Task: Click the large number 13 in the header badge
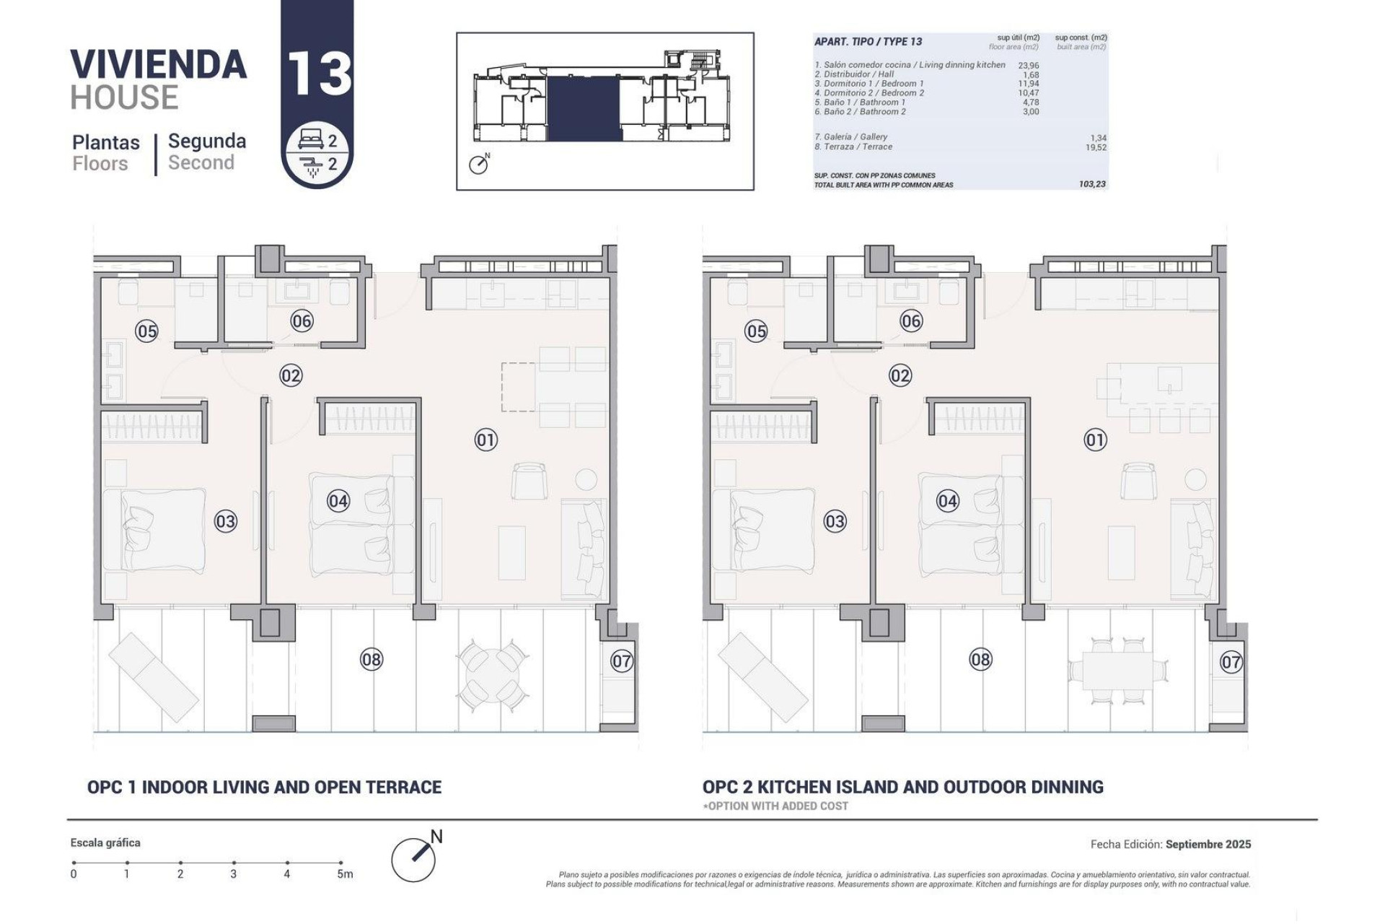point(319,73)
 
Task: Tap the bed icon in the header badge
point(311,141)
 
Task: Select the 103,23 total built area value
point(1092,184)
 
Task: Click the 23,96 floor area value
point(1029,65)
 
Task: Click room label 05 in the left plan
point(146,331)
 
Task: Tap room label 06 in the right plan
point(911,321)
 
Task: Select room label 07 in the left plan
point(622,661)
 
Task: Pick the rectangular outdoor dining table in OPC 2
point(1119,671)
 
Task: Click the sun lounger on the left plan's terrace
point(153,677)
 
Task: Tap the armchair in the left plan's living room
point(529,481)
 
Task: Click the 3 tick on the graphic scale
point(234,863)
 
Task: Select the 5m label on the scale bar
point(345,874)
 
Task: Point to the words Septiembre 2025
point(1208,844)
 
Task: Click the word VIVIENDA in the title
point(159,65)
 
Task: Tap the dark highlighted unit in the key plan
point(584,108)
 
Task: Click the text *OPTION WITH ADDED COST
point(775,806)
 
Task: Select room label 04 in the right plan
point(947,501)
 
